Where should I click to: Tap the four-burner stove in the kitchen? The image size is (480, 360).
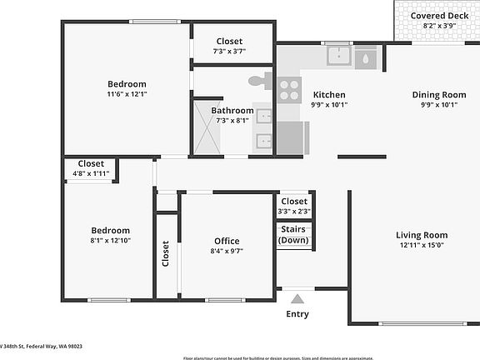point(289,89)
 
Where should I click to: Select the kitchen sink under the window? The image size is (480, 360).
point(339,57)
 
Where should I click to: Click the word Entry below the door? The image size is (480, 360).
point(297,314)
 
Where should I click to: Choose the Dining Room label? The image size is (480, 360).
point(438,95)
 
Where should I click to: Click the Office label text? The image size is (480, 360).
point(227,242)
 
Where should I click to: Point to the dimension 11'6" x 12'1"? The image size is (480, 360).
point(127,94)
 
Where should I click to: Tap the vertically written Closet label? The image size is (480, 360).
point(166,254)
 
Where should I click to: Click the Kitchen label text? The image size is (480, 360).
point(328,95)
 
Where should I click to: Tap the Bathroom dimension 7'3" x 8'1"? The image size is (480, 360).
point(232,121)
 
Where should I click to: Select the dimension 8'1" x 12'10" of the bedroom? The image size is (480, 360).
point(110,240)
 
